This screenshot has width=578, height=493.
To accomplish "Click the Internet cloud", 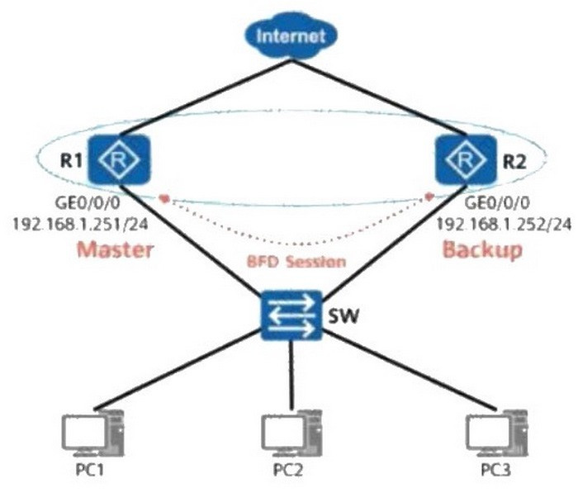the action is [x=291, y=36].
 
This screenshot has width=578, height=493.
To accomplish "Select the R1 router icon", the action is [x=119, y=159].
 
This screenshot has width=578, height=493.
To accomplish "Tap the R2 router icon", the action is [x=466, y=159].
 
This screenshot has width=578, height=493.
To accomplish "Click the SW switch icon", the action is [x=291, y=315].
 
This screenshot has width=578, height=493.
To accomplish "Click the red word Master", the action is [x=115, y=249].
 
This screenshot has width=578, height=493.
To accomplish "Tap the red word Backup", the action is [x=482, y=249].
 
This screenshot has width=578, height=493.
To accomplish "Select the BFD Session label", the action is [x=296, y=262].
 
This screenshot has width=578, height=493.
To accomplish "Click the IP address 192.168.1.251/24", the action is [x=80, y=224].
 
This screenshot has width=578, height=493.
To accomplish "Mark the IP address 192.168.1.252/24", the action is [x=505, y=224].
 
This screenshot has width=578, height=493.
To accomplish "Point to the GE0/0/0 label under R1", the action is [x=88, y=203].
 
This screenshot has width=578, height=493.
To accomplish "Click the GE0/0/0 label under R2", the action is [x=497, y=203].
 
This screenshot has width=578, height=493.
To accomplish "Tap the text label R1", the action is [x=71, y=161].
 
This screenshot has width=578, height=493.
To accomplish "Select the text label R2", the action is [x=515, y=162].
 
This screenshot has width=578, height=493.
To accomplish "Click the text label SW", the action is [x=343, y=316].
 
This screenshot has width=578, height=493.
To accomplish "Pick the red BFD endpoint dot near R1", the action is [x=164, y=198].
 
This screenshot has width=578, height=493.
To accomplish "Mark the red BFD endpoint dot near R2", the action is [x=429, y=197].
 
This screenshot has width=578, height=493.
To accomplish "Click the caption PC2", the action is [x=288, y=470].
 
